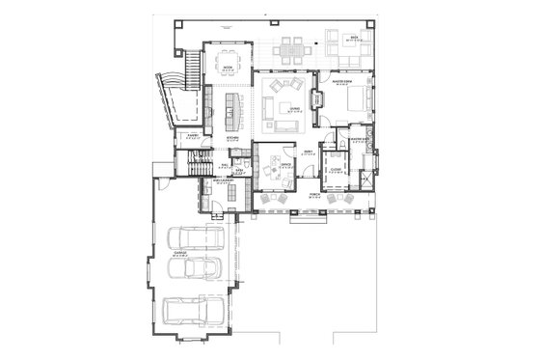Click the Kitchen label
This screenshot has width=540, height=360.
[232, 138]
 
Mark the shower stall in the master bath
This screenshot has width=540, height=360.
[365, 180]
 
